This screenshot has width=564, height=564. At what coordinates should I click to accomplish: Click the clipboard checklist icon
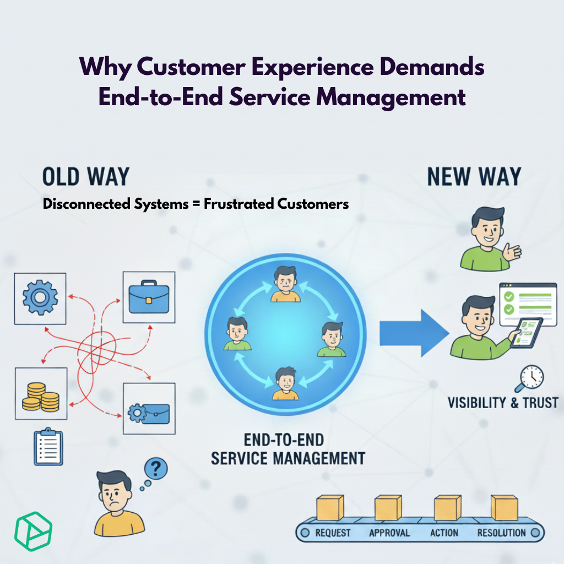pyautogui.click(x=48, y=446)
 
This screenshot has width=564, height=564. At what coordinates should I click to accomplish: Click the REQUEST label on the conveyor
pyautogui.click(x=333, y=533)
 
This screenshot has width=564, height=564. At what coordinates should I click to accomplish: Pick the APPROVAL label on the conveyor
pyautogui.click(x=389, y=533)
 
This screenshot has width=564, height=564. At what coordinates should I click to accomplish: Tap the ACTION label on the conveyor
pyautogui.click(x=444, y=533)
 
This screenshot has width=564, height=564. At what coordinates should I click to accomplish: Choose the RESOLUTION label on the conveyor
pyautogui.click(x=502, y=533)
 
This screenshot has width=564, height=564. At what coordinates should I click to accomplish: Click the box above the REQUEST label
pyautogui.click(x=330, y=507)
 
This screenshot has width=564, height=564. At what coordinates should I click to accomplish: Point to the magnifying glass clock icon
pyautogui.click(x=529, y=379)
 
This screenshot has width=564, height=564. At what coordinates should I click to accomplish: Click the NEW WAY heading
pyautogui.click(x=474, y=177)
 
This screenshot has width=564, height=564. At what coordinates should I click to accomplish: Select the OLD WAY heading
pyautogui.click(x=85, y=177)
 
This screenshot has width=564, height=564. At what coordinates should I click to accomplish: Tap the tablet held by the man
pyautogui.click(x=525, y=333)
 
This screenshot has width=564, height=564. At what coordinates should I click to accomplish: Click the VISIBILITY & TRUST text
pyautogui.click(x=503, y=402)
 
